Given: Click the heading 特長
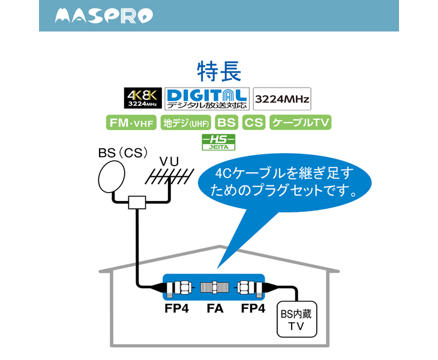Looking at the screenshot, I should [218, 71].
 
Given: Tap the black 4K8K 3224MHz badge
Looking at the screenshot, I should [141, 98].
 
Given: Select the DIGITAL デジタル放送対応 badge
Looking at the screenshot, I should [206, 98].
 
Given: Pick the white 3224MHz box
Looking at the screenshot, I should [282, 98].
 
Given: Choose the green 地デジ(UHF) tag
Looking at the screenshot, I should [185, 123].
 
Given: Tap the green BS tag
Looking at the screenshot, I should [226, 123].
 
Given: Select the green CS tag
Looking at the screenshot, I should [254, 123].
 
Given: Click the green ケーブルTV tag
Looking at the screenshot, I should [301, 123].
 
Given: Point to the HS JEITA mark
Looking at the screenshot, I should [218, 142].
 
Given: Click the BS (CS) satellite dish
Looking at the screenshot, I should [112, 178].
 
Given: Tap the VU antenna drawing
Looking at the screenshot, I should [170, 178].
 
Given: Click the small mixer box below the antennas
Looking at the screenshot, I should [137, 202].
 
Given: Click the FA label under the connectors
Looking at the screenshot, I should [214, 310].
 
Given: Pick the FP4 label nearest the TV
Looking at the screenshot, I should [253, 310].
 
